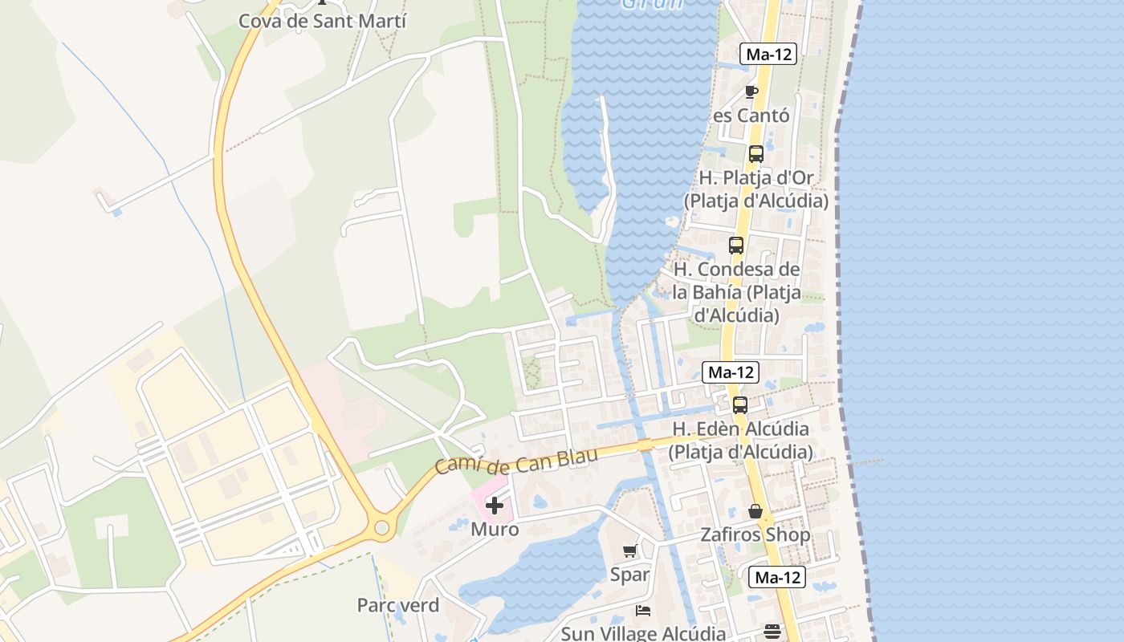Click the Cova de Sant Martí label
pyautogui.click(x=322, y=21)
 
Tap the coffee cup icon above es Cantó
pyautogui.click(x=751, y=91)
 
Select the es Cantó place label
pyautogui.click(x=751, y=116)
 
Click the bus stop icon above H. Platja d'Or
pyautogui.click(x=755, y=154)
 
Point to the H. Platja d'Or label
pyautogui.click(x=756, y=189)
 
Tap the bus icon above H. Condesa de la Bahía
pyautogui.click(x=736, y=246)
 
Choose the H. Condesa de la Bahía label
pyautogui.click(x=736, y=292)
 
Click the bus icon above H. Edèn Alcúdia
pyautogui.click(x=740, y=405)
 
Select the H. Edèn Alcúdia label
pyautogui.click(x=740, y=440)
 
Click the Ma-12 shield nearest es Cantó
pyautogui.click(x=768, y=55)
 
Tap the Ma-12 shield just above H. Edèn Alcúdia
pyautogui.click(x=730, y=372)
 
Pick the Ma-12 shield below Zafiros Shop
pyautogui.click(x=777, y=577)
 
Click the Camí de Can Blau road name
pyautogui.click(x=517, y=461)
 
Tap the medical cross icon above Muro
pyautogui.click(x=495, y=506)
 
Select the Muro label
pyautogui.click(x=495, y=530)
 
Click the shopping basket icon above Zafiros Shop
pyautogui.click(x=755, y=511)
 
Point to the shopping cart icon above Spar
pyautogui.click(x=629, y=551)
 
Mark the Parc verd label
pyautogui.click(x=398, y=605)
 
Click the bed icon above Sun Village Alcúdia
pyautogui.click(x=643, y=611)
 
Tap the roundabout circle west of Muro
pyautogui.click(x=381, y=528)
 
